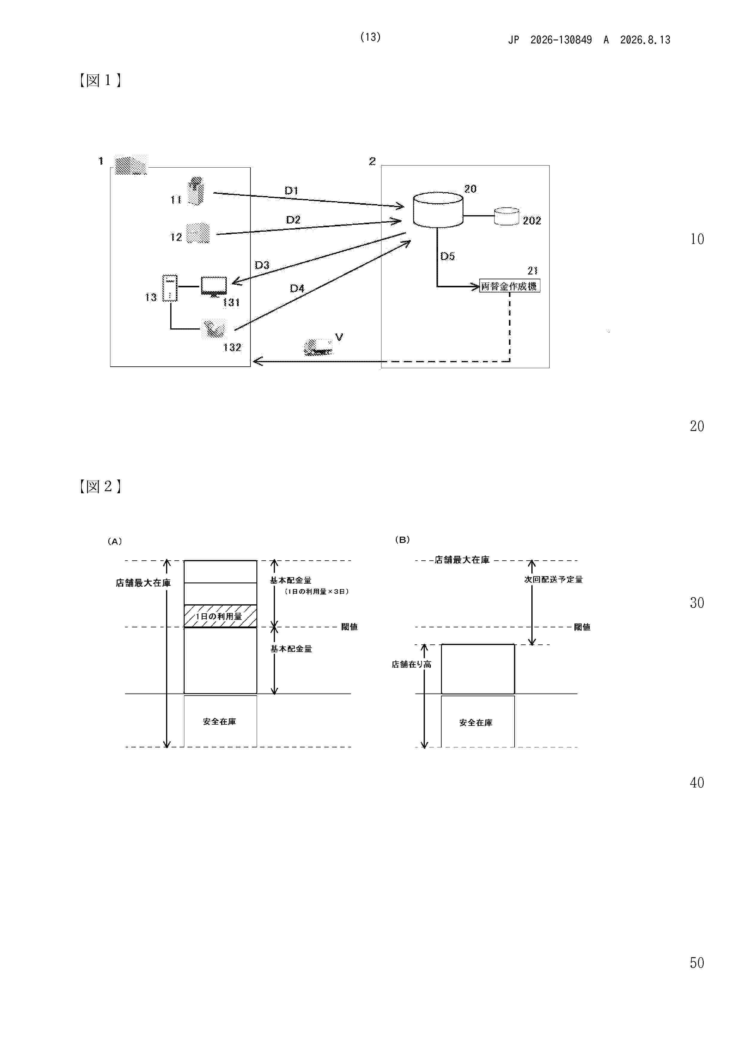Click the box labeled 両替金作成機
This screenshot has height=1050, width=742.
(x=509, y=286)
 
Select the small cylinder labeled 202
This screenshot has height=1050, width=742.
(x=507, y=216)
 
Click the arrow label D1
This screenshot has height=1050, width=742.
(x=291, y=190)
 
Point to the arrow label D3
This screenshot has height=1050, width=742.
(x=262, y=265)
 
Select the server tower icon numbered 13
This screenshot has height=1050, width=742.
(x=170, y=288)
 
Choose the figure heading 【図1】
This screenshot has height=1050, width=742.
(x=100, y=81)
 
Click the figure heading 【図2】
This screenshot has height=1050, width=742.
(x=100, y=486)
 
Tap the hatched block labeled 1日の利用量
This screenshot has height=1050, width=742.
(x=221, y=616)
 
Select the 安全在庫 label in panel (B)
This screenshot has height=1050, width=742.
(x=476, y=723)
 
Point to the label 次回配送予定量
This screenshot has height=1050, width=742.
(x=553, y=579)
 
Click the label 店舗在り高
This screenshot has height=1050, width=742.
(x=411, y=664)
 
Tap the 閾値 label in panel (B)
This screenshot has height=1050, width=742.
(x=582, y=627)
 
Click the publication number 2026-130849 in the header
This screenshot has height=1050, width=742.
(x=561, y=40)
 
